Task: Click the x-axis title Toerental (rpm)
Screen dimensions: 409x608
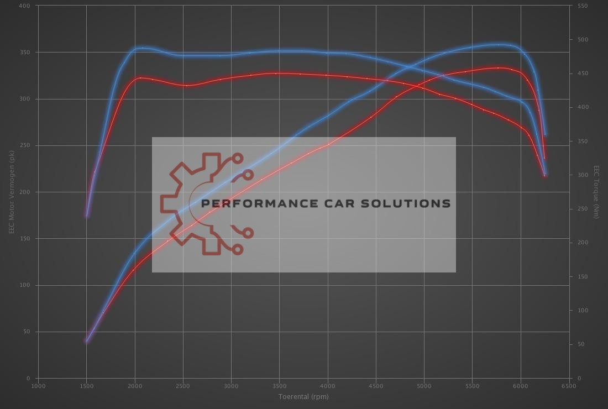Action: click(x=303, y=396)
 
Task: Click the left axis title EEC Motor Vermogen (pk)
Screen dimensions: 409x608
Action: click(x=11, y=192)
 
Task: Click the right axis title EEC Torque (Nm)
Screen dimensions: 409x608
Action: click(x=596, y=192)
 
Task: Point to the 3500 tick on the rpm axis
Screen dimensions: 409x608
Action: click(x=279, y=386)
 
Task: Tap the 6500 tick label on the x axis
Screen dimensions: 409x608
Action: click(x=569, y=386)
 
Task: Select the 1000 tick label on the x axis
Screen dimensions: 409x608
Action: click(x=38, y=386)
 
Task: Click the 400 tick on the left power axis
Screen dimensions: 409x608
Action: click(x=25, y=6)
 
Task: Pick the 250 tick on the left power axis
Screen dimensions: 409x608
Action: click(x=25, y=145)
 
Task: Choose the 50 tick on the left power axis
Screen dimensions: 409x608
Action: click(x=27, y=332)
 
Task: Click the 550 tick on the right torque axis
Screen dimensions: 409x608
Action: click(x=582, y=6)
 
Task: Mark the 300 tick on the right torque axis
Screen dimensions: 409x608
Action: click(x=582, y=175)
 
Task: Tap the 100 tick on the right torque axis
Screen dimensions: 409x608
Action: click(x=582, y=311)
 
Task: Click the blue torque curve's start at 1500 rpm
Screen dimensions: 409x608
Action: click(x=87, y=215)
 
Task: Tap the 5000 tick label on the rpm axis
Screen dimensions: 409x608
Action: click(x=424, y=386)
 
